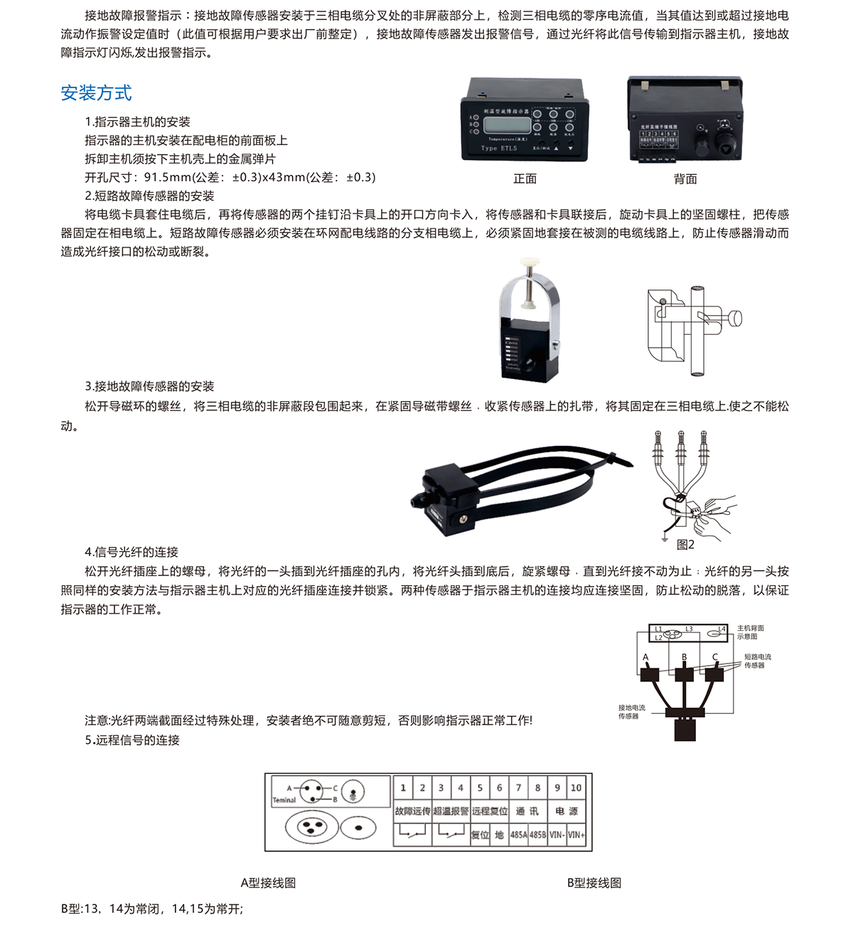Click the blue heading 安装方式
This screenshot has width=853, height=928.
coord(96,93)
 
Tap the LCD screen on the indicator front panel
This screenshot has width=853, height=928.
coord(504,125)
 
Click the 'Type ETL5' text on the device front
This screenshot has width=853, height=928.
coord(499,149)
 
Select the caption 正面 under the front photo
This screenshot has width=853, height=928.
coord(525,179)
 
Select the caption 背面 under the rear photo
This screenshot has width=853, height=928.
coord(685,179)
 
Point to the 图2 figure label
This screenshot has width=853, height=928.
coord(685,545)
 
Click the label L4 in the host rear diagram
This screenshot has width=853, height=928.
coord(721,629)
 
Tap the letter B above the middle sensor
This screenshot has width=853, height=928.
coord(684,657)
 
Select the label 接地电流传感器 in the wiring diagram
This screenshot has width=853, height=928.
coord(631,712)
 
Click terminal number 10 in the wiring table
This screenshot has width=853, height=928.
coord(576,788)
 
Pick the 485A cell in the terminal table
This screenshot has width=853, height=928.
coord(519,835)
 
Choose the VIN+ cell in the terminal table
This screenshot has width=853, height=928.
coord(576,835)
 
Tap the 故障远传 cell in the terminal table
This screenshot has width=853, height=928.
coord(412,811)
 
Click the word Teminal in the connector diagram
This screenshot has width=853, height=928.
coord(284,800)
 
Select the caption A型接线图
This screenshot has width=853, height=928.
coord(268,883)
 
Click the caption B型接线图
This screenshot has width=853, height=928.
coord(594,883)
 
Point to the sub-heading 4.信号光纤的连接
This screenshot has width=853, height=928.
coord(132,552)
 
